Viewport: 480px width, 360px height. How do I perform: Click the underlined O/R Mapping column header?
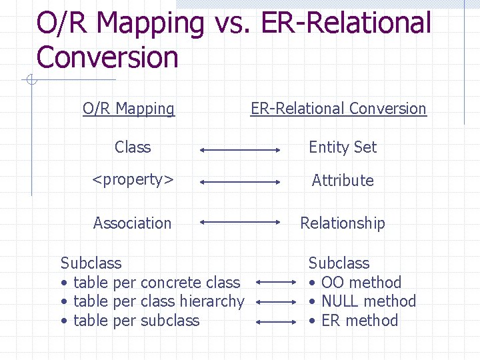pos(128,109)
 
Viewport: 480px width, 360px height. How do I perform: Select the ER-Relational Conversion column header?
pos(338,109)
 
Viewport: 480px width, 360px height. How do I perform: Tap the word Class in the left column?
pos(133,147)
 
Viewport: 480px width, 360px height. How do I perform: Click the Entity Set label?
pos(343,147)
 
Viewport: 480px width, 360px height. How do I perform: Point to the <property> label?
pos(133,180)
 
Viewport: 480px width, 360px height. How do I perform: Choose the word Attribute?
pos(343,181)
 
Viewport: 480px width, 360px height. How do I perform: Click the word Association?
pos(132,223)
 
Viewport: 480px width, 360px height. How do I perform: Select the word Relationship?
pos(343,223)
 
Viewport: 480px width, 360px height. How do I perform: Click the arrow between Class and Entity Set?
pos(241,151)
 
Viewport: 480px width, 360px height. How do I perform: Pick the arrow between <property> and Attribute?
pos(241,181)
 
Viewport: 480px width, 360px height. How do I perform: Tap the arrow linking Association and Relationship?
pos(241,222)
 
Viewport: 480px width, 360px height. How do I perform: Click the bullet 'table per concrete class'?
pos(156,283)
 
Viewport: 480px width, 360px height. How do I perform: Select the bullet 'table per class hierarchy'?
pos(159,301)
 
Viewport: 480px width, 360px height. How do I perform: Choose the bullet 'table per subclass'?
pos(136,321)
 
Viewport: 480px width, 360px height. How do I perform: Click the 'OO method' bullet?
pos(361,283)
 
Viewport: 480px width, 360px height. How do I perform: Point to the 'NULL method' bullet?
pos(368,301)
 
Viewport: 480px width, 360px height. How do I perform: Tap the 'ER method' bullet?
pos(359,321)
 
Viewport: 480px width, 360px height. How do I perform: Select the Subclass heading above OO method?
pos(339,263)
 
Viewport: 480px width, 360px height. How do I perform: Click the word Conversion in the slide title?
pos(107,57)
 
